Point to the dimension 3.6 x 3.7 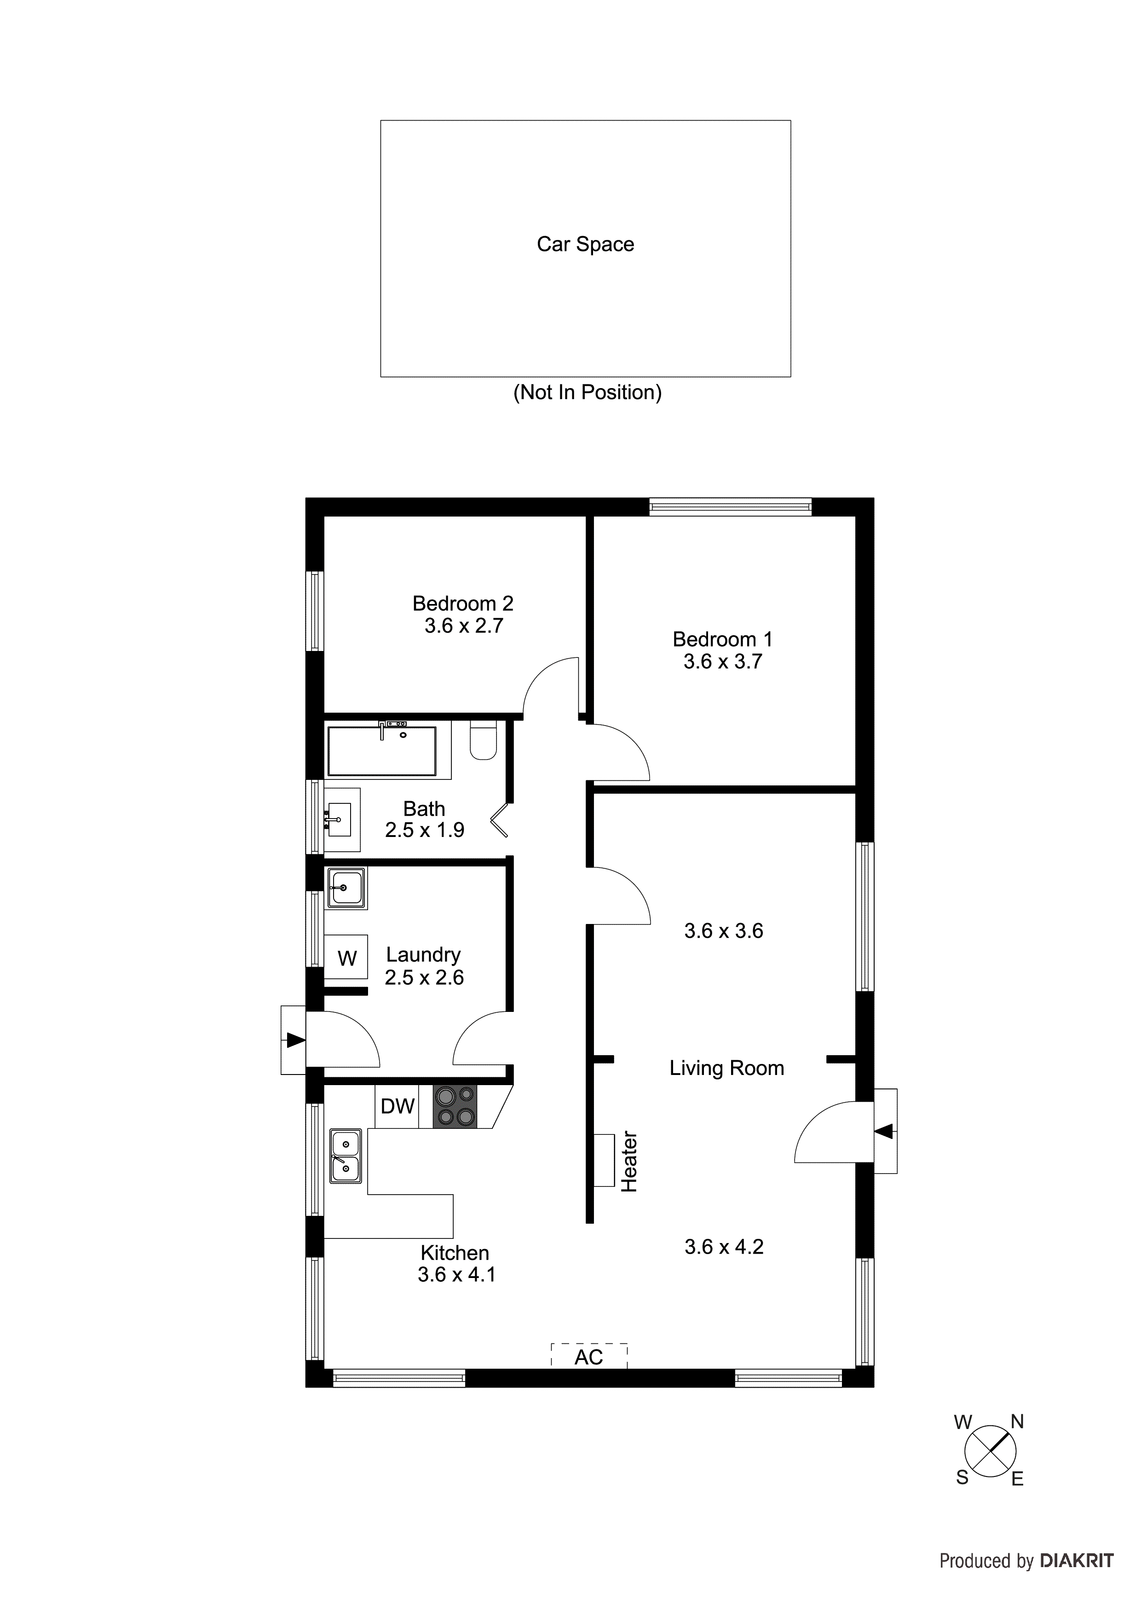[x=723, y=661]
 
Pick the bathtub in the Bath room [x=382, y=750]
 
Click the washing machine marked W [x=346, y=957]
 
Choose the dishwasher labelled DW [x=397, y=1106]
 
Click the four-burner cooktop [x=454, y=1106]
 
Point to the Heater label [x=629, y=1162]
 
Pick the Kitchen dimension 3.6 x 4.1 [x=456, y=1275]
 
